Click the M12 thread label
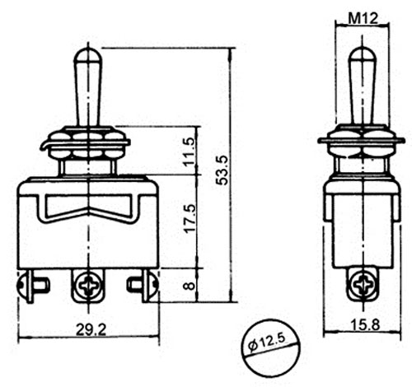coord(363,19)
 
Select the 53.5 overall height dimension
coord(222,170)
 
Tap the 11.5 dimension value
coord(190,152)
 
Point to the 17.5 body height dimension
coord(190,218)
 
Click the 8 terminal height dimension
coord(190,287)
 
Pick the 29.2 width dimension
coord(91,329)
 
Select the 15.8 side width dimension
coord(365,324)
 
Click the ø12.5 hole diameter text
coord(267,343)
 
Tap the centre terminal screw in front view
coord(88,287)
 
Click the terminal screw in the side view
coord(363,286)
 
